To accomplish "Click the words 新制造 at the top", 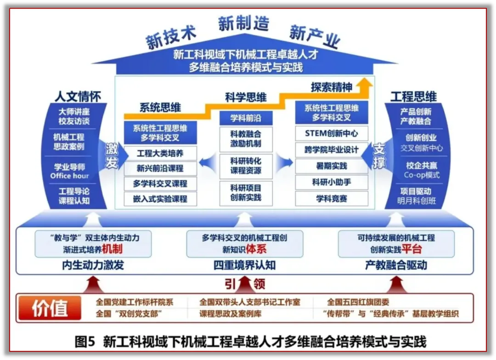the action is point(243,23).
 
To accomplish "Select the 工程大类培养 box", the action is point(160,153).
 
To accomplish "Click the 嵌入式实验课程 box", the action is point(160,199).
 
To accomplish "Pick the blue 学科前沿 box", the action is point(246,118).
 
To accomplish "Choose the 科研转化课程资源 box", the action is point(246,166).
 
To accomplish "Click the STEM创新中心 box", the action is point(331,134).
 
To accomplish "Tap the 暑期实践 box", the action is point(331,166).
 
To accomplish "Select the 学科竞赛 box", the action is point(331,198).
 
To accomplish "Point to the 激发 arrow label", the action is point(112,156).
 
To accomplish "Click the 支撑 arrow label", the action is point(379,156).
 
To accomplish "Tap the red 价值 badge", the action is point(50,308).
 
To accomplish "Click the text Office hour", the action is point(69,176).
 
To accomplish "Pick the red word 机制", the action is point(112,249).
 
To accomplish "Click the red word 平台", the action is point(411,249).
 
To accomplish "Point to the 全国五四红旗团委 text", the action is point(358,302).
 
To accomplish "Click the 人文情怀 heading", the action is point(78,96).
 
